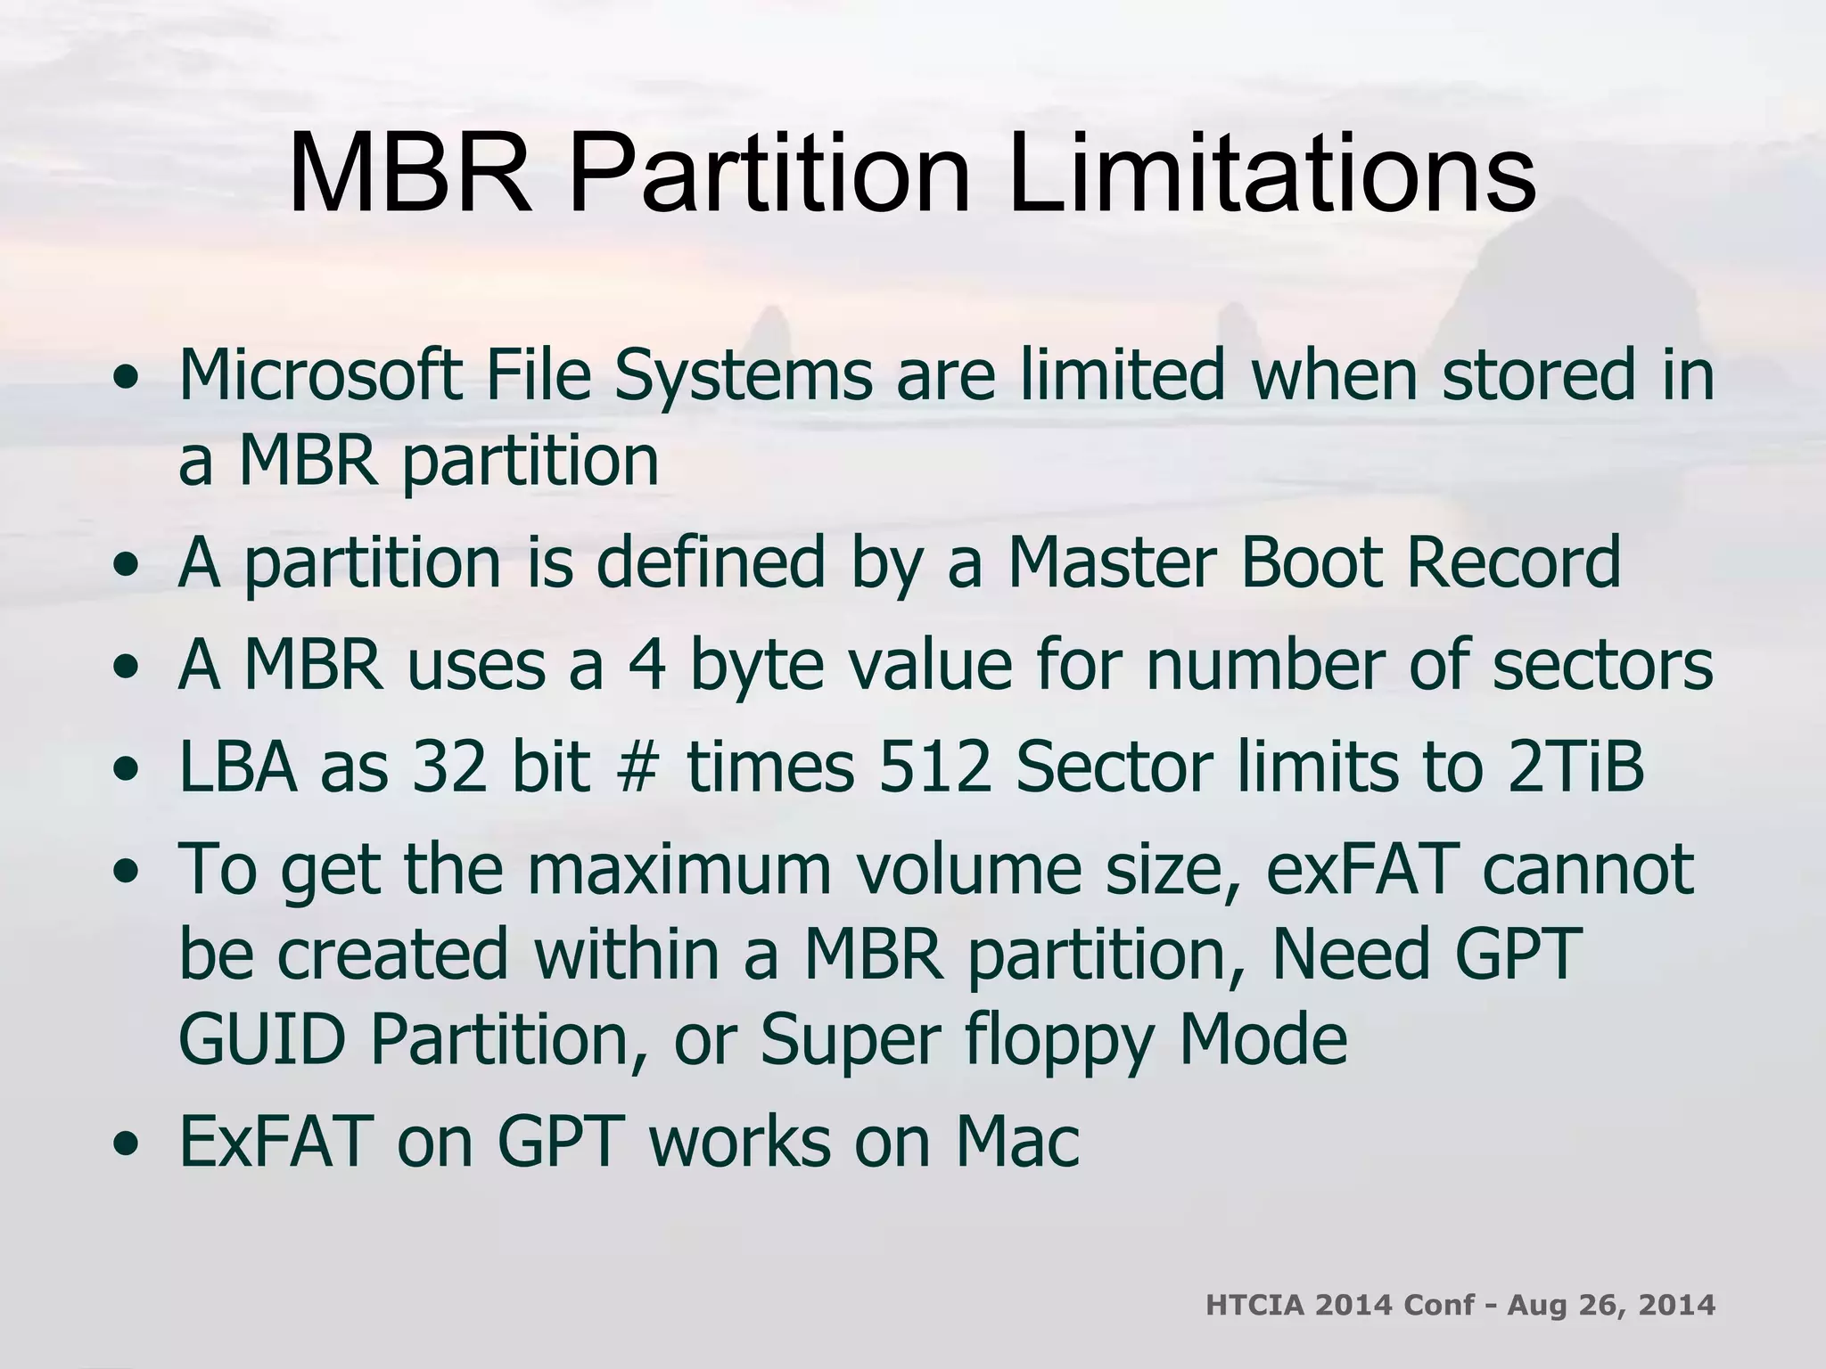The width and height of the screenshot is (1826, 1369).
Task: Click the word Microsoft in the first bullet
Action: coord(320,375)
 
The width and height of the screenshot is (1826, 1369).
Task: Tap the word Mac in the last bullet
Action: coord(1017,1142)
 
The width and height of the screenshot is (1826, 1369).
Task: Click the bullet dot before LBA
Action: coord(130,768)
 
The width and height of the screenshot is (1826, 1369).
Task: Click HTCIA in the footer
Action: coord(1254,1307)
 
